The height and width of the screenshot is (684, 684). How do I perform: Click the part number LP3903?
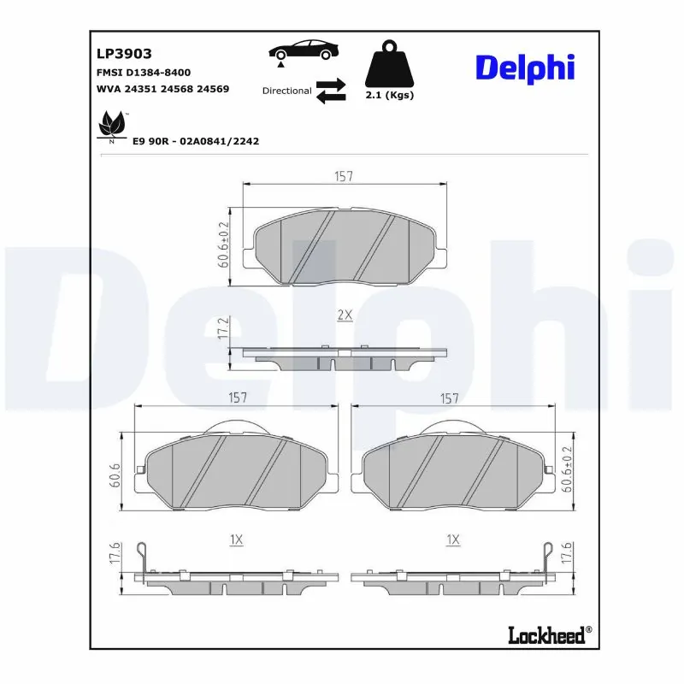tap(124, 54)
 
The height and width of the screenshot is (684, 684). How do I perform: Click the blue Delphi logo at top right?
tap(524, 68)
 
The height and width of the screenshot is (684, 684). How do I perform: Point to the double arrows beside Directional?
tap(330, 91)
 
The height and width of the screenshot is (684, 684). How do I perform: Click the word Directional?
tap(286, 91)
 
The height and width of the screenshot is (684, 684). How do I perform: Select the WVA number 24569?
tap(213, 89)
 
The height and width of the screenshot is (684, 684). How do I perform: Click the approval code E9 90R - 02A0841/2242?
tap(195, 141)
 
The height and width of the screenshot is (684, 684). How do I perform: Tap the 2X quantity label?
tap(344, 315)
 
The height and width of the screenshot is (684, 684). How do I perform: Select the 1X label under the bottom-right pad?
tap(453, 540)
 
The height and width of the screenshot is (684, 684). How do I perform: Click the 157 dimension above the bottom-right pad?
tap(450, 398)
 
